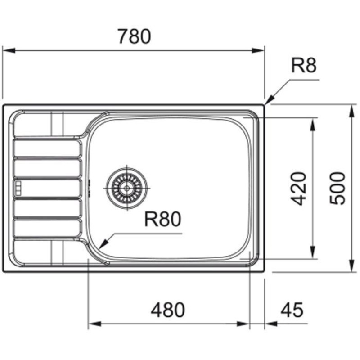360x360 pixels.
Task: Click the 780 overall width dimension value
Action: point(134,36)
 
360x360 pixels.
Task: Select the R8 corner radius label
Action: point(304,66)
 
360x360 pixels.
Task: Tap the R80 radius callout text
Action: point(162,220)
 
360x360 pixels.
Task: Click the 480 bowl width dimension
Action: point(168,310)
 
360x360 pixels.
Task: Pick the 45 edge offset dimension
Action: point(292,310)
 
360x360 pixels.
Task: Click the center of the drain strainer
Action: point(127,186)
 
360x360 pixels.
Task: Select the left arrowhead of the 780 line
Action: point(6,50)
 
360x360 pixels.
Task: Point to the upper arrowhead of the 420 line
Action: point(312,122)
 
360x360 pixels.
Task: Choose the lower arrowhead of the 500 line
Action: point(351,268)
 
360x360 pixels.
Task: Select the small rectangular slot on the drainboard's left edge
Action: point(18,189)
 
